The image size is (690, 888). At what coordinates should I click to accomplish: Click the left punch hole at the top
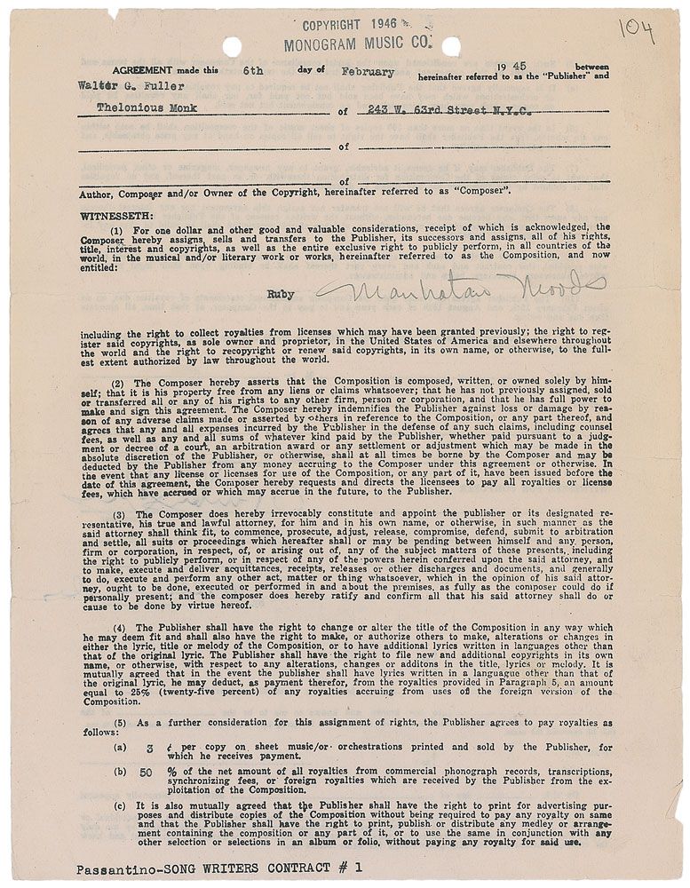(233, 46)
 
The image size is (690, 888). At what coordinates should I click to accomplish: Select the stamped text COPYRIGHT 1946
(353, 26)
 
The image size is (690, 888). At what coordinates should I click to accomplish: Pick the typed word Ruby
(281, 289)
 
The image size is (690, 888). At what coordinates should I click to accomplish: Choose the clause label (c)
(120, 805)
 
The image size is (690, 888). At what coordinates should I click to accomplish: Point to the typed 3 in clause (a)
(149, 748)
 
